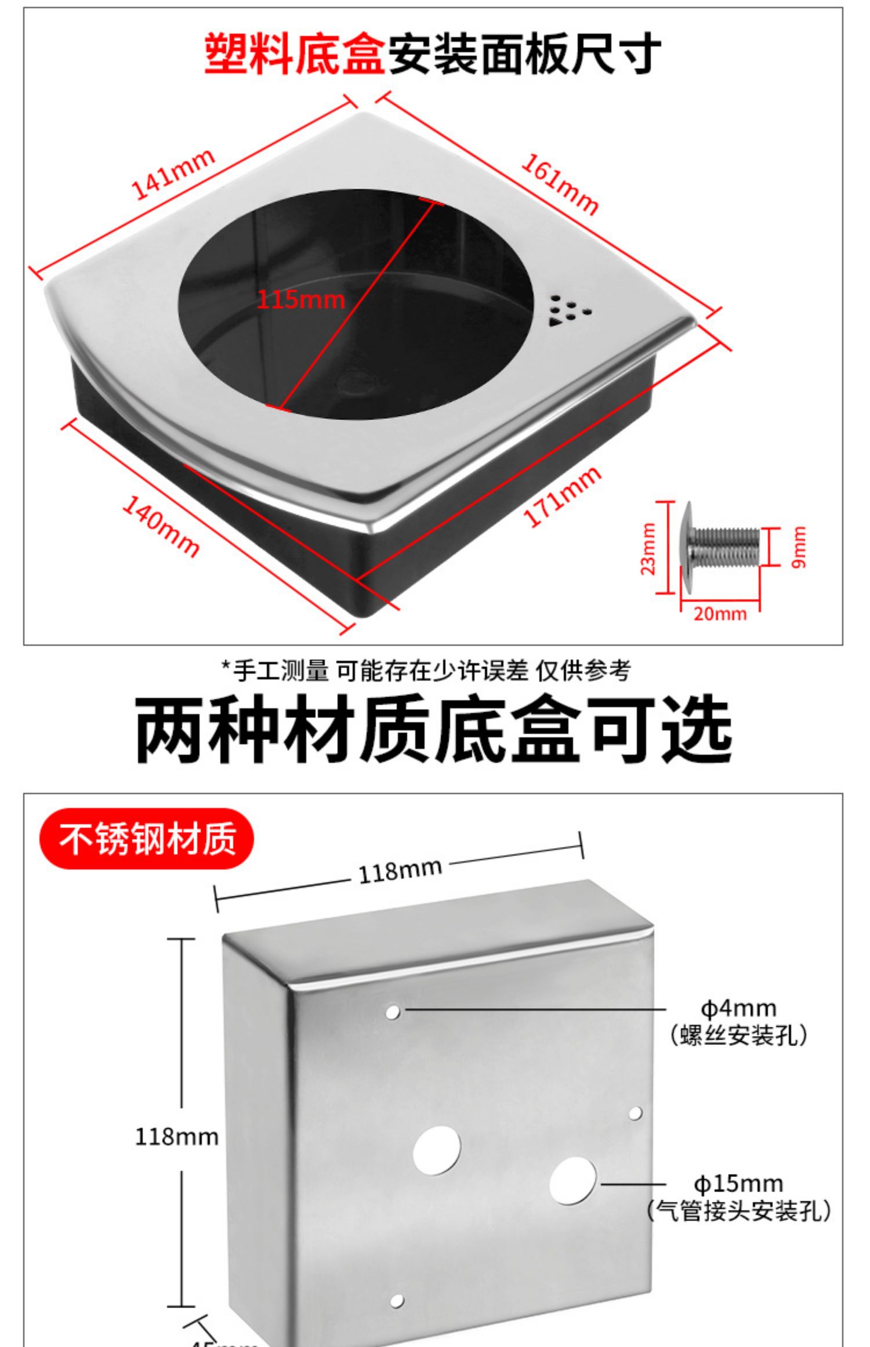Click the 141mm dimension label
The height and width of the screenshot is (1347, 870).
[173, 174]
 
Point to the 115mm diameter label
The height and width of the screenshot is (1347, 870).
[300, 300]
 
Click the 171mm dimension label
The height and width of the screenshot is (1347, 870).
[561, 497]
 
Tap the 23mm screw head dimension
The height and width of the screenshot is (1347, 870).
[648, 549]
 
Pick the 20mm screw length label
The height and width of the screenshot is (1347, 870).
[720, 614]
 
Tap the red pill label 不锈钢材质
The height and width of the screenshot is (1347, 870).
[147, 839]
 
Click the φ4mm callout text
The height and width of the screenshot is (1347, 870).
[738, 1008]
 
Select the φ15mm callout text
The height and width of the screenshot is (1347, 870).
[738, 1183]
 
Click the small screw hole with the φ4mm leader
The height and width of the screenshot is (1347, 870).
[393, 1012]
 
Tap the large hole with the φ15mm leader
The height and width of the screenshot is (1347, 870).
[572, 1181]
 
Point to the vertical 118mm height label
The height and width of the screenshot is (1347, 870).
[176, 1136]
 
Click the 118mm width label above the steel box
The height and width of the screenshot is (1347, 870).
[400, 871]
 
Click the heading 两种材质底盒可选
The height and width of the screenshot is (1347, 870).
[433, 729]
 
